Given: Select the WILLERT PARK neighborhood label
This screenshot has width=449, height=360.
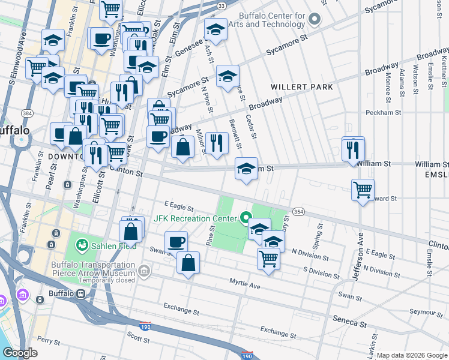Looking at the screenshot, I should point(301,87).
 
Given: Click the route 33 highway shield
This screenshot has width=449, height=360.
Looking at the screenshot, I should point(221,5).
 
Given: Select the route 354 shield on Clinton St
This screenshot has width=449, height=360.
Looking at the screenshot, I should point(298,212).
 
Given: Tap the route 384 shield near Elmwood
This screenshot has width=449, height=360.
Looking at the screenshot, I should point(27,112).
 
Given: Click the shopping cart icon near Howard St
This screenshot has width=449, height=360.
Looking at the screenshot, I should point(363,190).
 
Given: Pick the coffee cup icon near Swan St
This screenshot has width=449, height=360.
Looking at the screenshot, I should point(176,242).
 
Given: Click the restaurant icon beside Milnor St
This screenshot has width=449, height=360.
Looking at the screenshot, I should point(217,143).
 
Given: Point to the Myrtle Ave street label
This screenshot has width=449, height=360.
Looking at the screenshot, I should point(245,283).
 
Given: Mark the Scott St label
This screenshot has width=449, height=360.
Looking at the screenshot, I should point(138,338).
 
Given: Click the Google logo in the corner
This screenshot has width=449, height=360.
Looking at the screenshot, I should point(20,353).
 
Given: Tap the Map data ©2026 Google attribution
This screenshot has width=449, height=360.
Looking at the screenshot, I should point(412,355).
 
